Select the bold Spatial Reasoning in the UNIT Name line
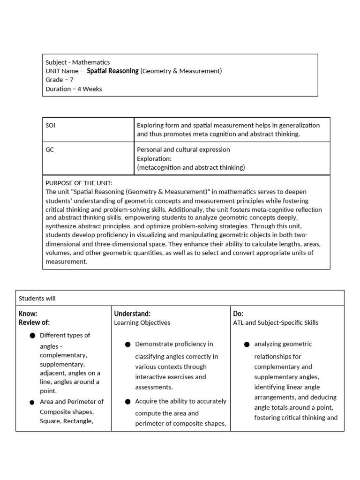coord(112,71)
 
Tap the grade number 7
coord(71,80)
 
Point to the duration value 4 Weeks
coord(90,89)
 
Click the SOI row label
coord(51,125)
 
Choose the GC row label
coord(50,150)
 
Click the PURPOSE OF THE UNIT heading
coord(79,183)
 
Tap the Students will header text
coord(37,298)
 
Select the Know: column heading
coord(28,314)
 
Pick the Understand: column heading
coord(132,314)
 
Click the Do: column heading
coord(238,314)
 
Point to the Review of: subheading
coord(34,322)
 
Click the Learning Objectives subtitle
coord(142,322)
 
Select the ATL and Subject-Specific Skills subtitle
coord(275,322)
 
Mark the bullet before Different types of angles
coord(32,336)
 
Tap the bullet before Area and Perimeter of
coord(32,402)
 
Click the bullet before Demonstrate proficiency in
coord(127,345)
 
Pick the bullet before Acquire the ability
coord(127,402)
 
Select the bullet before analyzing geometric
coord(247,345)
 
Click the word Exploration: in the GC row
coord(155,158)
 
